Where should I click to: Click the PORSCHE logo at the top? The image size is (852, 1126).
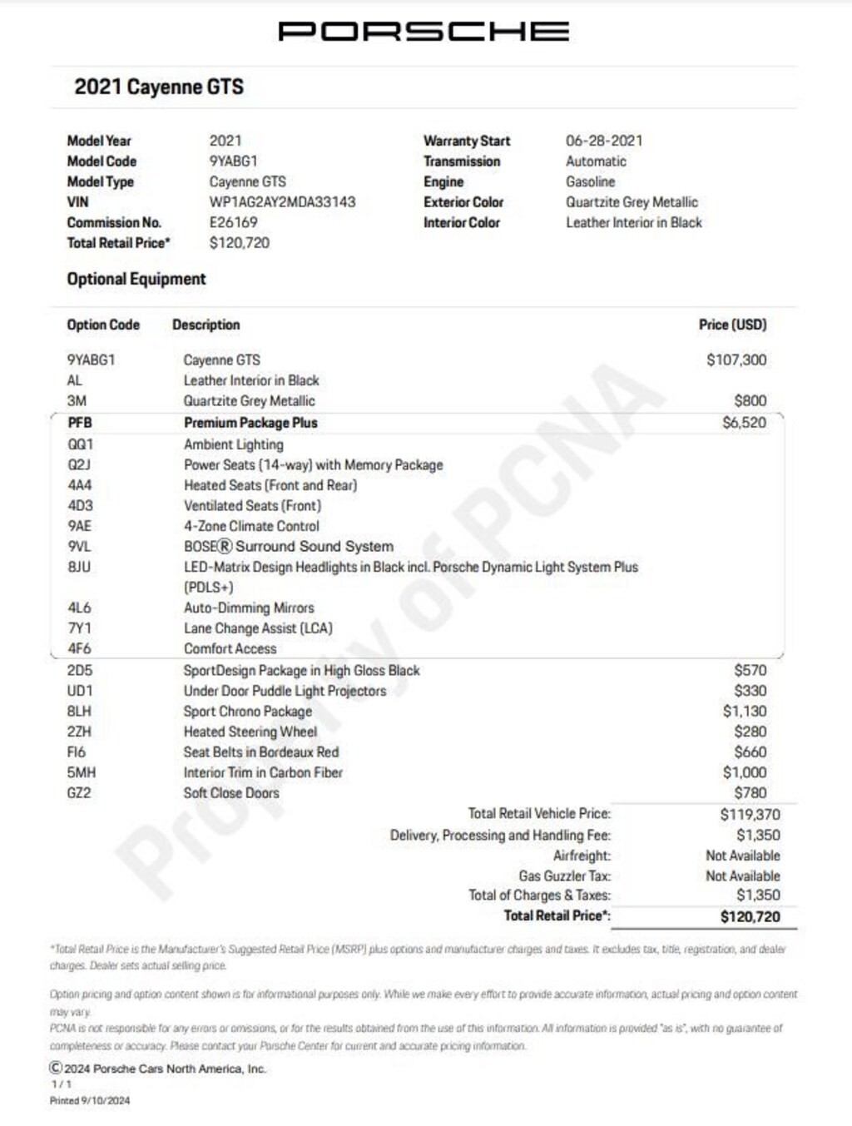(424, 32)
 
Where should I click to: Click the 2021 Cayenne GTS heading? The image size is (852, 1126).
(159, 87)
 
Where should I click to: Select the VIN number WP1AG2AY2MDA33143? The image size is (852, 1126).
(282, 202)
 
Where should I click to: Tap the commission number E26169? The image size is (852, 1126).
(233, 222)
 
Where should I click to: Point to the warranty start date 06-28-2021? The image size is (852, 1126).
(604, 141)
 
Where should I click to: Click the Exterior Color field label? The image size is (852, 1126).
(463, 202)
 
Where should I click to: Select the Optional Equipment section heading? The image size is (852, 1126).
(136, 279)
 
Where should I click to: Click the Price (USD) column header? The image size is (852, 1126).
(732, 325)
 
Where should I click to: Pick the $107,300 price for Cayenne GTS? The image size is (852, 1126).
(736, 360)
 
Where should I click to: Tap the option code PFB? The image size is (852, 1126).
(80, 423)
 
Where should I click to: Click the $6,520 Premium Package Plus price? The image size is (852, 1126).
(744, 423)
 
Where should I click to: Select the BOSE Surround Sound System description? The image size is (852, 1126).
(289, 547)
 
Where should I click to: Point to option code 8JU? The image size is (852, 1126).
(79, 567)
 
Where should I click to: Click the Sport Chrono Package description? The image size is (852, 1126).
(248, 712)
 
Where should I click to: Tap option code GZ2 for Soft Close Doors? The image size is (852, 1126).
(79, 793)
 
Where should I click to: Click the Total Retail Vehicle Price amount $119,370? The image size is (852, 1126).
(750, 815)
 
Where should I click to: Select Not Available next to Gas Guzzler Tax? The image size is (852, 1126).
(743, 876)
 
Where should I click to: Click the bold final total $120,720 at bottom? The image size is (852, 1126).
(750, 917)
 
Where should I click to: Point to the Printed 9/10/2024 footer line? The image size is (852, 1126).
(90, 1100)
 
